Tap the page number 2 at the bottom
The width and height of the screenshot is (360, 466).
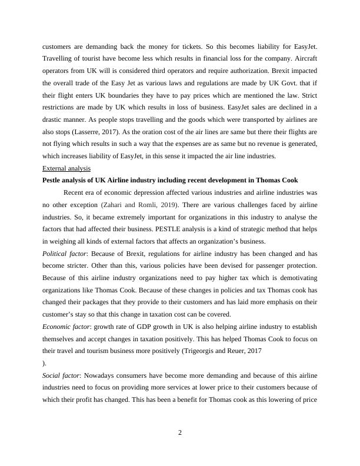(x=180, y=434)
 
